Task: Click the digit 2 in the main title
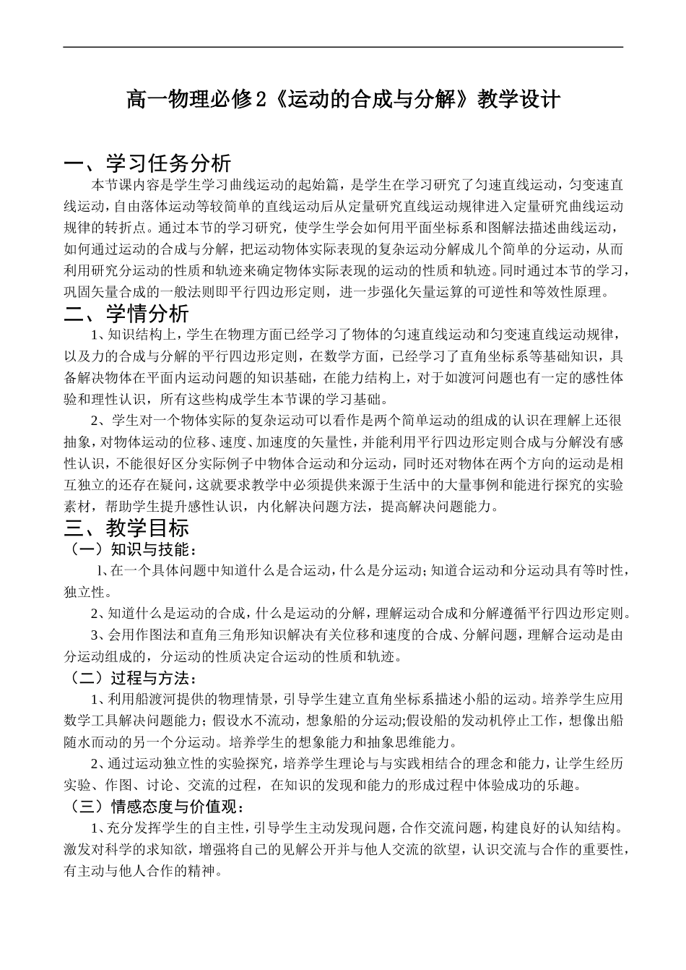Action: [x=262, y=100]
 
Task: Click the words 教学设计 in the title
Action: [x=518, y=100]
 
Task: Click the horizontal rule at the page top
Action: [x=343, y=48]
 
